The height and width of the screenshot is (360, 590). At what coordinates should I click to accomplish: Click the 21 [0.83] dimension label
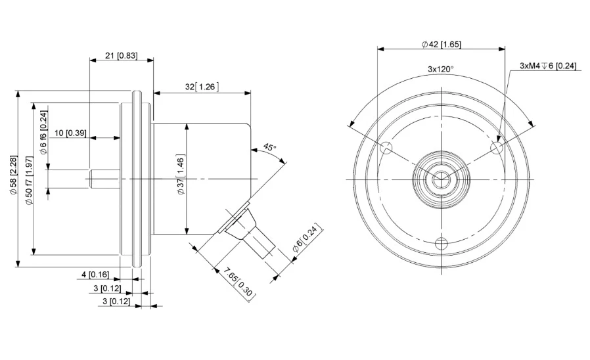tap(121, 56)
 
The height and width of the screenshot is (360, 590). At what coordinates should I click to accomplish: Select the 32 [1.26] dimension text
tap(202, 87)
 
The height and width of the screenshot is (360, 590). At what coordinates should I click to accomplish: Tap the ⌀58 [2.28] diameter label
tap(14, 175)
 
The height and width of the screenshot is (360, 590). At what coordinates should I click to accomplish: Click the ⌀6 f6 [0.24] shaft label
tap(43, 133)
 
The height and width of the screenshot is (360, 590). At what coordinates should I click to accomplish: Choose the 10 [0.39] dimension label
tap(70, 133)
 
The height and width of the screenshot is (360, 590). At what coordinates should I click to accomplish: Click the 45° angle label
tap(269, 147)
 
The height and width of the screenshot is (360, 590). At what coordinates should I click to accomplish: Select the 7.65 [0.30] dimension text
tap(239, 284)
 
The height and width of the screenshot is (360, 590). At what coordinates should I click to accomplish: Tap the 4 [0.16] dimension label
tap(95, 275)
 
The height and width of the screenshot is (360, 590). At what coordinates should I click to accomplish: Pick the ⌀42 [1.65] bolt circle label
tap(441, 44)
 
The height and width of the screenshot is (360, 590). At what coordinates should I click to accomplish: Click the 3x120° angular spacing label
tap(441, 69)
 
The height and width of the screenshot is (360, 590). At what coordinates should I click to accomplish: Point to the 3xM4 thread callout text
tap(547, 66)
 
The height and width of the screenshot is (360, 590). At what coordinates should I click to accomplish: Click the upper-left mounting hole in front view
tap(386, 148)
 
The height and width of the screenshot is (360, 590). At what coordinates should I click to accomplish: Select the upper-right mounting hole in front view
tap(497, 148)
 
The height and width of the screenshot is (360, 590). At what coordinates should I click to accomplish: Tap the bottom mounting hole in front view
tap(442, 244)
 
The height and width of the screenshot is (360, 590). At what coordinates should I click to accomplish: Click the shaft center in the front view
tap(441, 179)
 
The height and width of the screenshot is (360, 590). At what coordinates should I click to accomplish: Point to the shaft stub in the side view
tap(105, 179)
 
